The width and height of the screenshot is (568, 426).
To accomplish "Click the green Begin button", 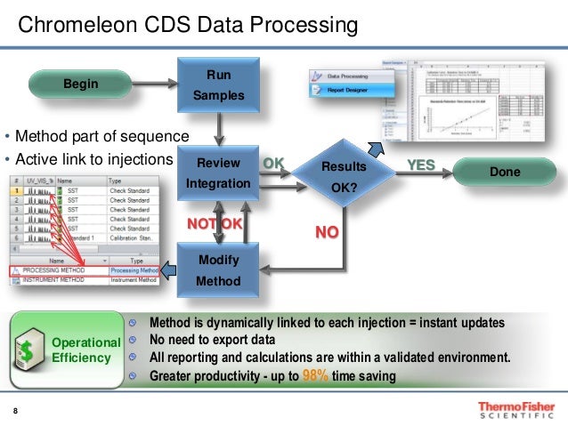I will [x=80, y=84].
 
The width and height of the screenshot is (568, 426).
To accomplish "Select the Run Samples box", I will [x=218, y=85].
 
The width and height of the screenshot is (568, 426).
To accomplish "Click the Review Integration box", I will [x=218, y=173].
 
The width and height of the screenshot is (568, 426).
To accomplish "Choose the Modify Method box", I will [x=218, y=271].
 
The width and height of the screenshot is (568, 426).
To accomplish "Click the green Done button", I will [x=504, y=171].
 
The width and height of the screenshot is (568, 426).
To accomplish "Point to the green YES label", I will [x=421, y=165].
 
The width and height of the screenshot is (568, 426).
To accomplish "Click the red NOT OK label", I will [x=214, y=223].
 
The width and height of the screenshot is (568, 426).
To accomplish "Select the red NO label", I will [x=328, y=232].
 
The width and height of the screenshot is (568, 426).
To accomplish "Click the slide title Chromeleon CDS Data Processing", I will [x=188, y=25].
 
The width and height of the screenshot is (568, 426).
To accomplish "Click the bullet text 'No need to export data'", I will [x=211, y=340].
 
